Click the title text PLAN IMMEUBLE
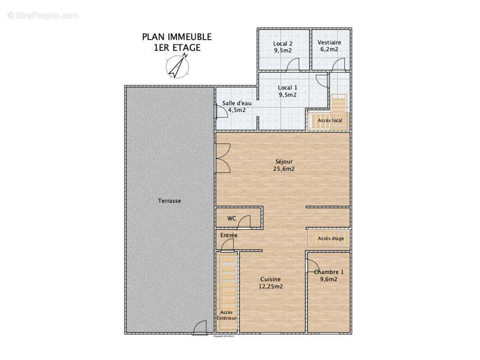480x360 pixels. pos(177,37)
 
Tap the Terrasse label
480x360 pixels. pos(169,201)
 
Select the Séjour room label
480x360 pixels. pos(284,162)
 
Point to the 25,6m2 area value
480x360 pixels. pos(284,169)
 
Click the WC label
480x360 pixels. pos(231,219)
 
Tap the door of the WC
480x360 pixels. pos(245,221)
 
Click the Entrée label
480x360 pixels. pos(229,235)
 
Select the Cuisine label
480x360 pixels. pos(270,279)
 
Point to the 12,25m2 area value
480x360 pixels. pos(270,286)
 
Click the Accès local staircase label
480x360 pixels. pos(330,121)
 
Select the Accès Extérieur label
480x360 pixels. pos(226,315)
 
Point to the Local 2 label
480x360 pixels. pos(283,44)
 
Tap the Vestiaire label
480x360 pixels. pos(329,43)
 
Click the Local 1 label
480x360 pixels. pos(287,88)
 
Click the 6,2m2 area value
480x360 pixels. pos(329,49)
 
